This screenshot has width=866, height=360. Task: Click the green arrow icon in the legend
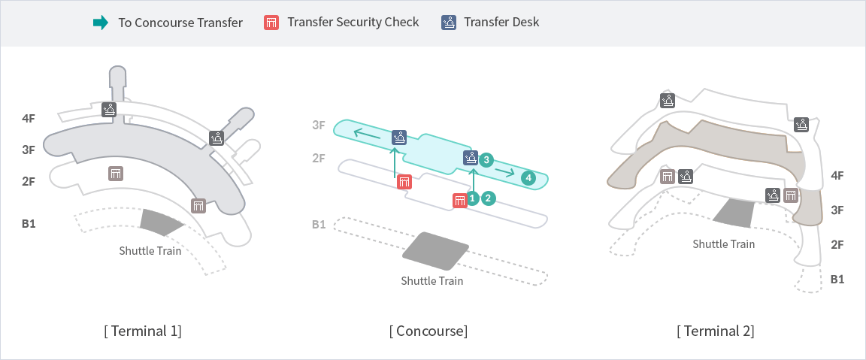pyautogui.click(x=101, y=23)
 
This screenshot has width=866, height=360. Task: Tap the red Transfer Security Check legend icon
pyautogui.click(x=271, y=23)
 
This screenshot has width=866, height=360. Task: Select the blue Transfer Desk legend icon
pyautogui.click(x=448, y=23)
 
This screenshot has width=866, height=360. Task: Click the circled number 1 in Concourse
pyautogui.click(x=473, y=198)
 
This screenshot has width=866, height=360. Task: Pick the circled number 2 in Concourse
pyautogui.click(x=489, y=198)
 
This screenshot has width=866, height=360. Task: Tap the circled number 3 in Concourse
pyautogui.click(x=486, y=159)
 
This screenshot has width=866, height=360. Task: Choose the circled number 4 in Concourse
pyautogui.click(x=528, y=178)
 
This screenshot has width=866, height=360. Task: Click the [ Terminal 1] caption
pyautogui.click(x=143, y=331)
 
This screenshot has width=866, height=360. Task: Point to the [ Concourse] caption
pyautogui.click(x=428, y=331)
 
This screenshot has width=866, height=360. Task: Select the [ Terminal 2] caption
pyautogui.click(x=716, y=331)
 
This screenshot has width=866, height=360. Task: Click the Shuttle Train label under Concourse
pyautogui.click(x=431, y=281)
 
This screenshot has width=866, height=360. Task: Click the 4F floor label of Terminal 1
pyautogui.click(x=29, y=118)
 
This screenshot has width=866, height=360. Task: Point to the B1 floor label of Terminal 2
pyautogui.click(x=837, y=279)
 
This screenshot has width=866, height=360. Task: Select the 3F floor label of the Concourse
pyautogui.click(x=319, y=125)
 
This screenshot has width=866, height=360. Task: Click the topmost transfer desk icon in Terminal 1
pyautogui.click(x=110, y=110)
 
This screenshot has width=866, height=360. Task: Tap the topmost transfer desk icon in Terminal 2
pyautogui.click(x=668, y=100)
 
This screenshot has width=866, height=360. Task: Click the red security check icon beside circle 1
pyautogui.click(x=459, y=200)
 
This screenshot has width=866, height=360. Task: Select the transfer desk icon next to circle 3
pyautogui.click(x=470, y=158)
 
